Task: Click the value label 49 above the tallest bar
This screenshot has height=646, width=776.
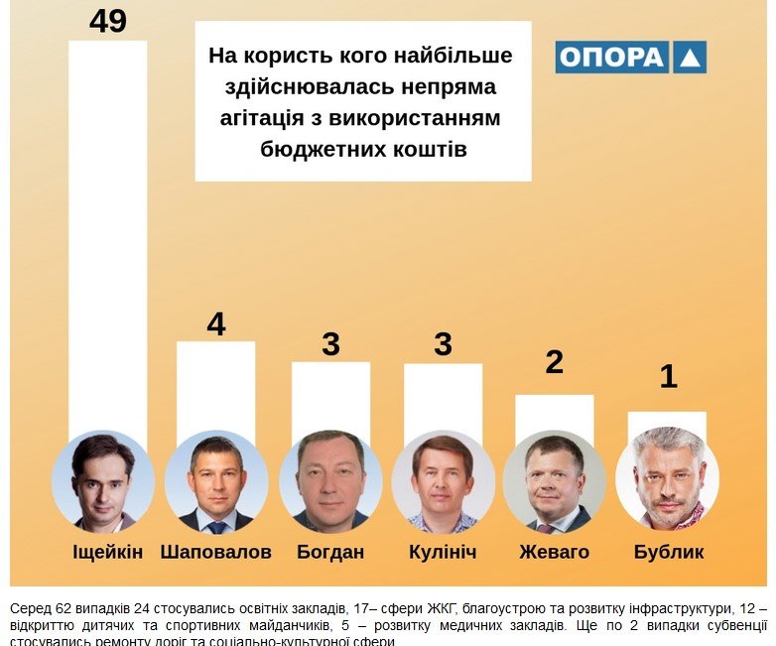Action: click(x=108, y=21)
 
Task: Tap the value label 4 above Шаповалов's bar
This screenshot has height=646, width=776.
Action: click(x=215, y=324)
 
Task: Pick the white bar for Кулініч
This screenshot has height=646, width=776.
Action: click(x=443, y=396)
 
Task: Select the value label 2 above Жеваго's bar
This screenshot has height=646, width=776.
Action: click(x=555, y=362)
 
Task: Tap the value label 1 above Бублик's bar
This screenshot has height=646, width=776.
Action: click(x=668, y=377)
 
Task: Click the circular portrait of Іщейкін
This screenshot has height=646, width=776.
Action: click(x=103, y=481)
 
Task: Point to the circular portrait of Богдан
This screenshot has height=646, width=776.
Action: click(x=330, y=482)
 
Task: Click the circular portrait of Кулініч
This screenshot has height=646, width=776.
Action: click(x=443, y=482)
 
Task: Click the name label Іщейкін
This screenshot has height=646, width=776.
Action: click(x=108, y=552)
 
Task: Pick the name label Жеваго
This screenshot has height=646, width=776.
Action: click(x=555, y=552)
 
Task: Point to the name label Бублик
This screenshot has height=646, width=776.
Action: click(x=669, y=552)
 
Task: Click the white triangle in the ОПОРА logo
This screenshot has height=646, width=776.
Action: click(x=689, y=58)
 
